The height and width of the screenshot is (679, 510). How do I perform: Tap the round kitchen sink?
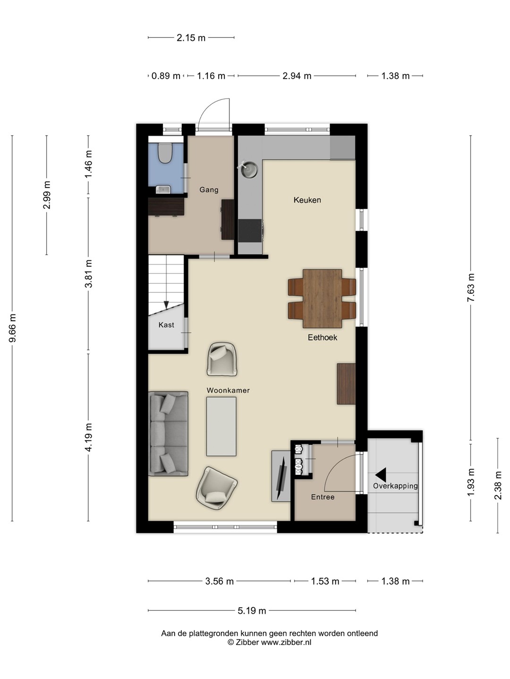(x=250, y=170)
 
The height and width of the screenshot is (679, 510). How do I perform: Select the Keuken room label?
(x=307, y=200)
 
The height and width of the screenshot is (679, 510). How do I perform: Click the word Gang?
(x=209, y=190)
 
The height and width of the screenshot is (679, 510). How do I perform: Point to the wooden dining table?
(x=323, y=298)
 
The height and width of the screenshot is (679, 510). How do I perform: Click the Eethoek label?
(x=323, y=338)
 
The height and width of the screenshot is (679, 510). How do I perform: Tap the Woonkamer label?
(x=228, y=390)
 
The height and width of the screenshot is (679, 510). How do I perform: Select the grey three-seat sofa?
(x=168, y=433)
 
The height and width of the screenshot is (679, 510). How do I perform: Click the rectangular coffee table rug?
(x=221, y=426)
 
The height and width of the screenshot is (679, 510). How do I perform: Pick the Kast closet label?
(x=166, y=325)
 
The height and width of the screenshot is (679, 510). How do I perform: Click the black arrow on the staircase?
(x=166, y=305)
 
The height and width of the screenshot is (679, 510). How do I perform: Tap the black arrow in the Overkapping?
(x=381, y=474)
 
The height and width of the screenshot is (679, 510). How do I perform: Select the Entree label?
(x=323, y=497)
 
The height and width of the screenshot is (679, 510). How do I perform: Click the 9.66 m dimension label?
(x=13, y=328)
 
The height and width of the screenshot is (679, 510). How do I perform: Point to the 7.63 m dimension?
(x=471, y=288)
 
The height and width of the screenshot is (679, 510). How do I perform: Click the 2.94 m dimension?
(x=297, y=76)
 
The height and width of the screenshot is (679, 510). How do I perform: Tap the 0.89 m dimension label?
(x=166, y=76)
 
